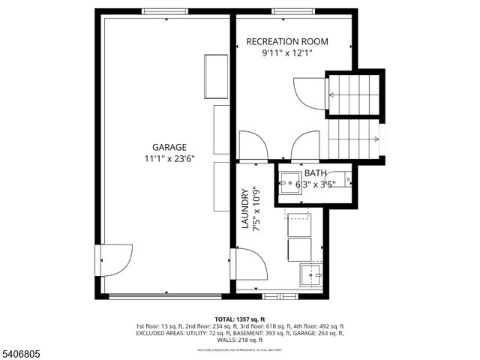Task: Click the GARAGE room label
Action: coord(169,148)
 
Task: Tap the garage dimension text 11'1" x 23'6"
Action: coord(169,159)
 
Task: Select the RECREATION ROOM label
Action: coord(287,42)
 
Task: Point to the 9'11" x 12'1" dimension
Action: coord(287,54)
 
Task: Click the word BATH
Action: coord(315,172)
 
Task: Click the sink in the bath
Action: coord(289,181)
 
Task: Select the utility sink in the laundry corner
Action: coord(311,275)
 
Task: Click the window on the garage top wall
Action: coord(166,11)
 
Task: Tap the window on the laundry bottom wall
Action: coord(279,295)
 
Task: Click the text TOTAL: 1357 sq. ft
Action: coord(240,318)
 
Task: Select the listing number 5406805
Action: coord(22,352)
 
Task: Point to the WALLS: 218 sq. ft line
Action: coord(240,341)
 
